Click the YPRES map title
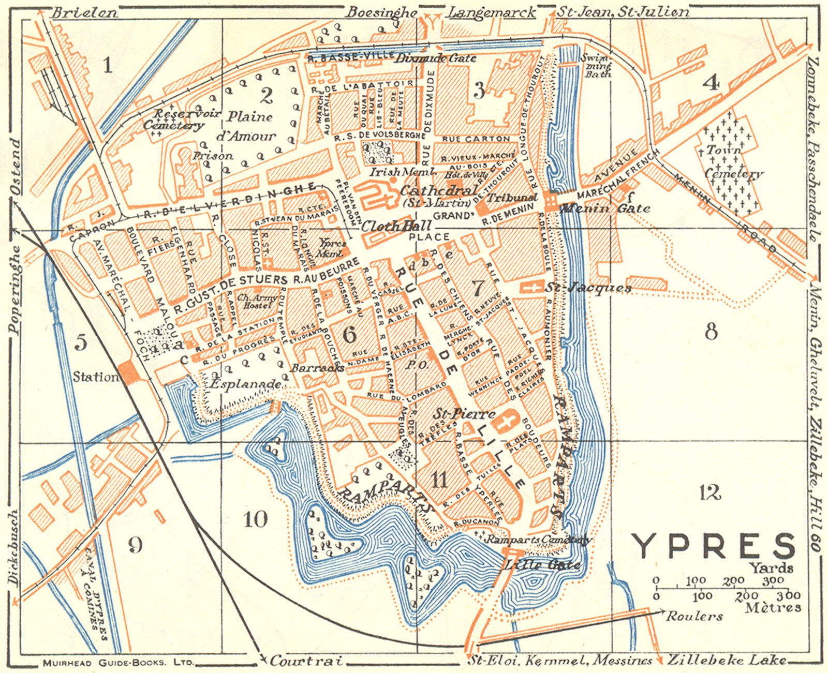click(713, 546)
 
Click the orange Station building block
click(128, 372)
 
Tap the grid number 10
click(255, 519)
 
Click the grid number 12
click(709, 492)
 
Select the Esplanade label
click(246, 384)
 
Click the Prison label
click(213, 155)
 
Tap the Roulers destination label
click(694, 616)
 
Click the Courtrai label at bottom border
click(306, 661)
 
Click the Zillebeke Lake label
click(727, 660)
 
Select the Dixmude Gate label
click(435, 58)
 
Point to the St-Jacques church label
click(588, 288)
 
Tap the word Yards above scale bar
click(772, 568)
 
